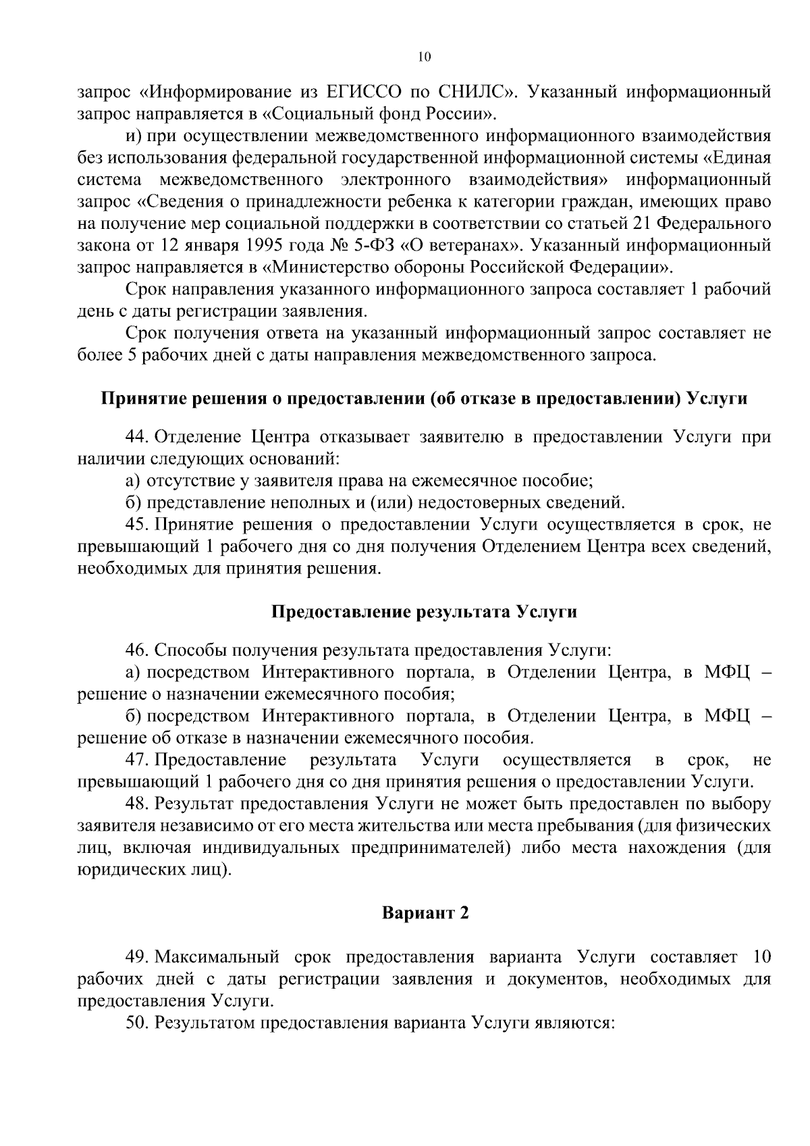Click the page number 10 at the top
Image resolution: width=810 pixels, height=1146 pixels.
(x=423, y=58)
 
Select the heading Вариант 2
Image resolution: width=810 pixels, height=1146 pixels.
(x=425, y=913)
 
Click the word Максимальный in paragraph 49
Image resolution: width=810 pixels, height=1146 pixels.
(x=217, y=957)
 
